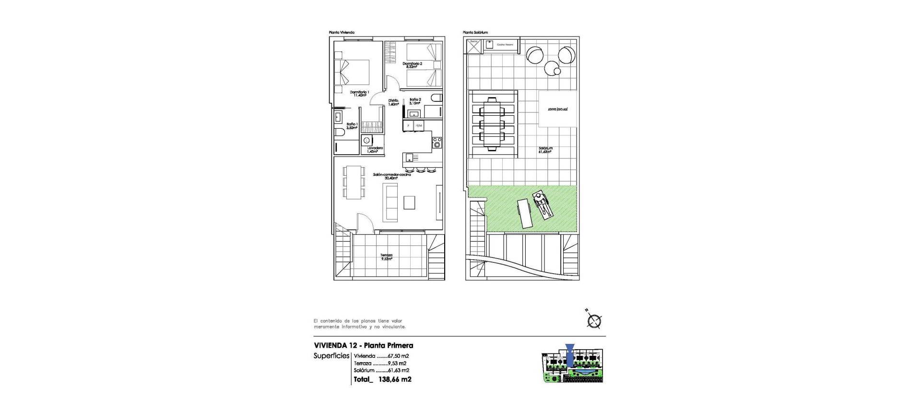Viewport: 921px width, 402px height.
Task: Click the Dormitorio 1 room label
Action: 359,93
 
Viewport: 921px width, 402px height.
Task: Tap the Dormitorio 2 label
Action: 413,65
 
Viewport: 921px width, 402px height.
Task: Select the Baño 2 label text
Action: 415,101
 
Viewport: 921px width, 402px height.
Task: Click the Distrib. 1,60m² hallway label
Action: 393,102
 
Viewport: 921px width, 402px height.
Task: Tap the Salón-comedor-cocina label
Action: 392,176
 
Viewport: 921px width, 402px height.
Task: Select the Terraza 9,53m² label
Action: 386,257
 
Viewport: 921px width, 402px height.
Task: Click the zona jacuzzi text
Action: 557,110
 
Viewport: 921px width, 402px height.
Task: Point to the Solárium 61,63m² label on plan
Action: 545,150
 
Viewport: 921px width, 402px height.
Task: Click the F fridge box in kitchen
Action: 408,126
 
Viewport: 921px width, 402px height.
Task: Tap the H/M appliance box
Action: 419,126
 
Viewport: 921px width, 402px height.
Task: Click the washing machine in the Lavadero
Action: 366,140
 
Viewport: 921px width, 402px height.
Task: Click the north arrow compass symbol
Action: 594,321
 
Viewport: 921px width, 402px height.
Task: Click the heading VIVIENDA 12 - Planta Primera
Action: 363,345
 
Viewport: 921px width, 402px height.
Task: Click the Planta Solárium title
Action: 475,33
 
